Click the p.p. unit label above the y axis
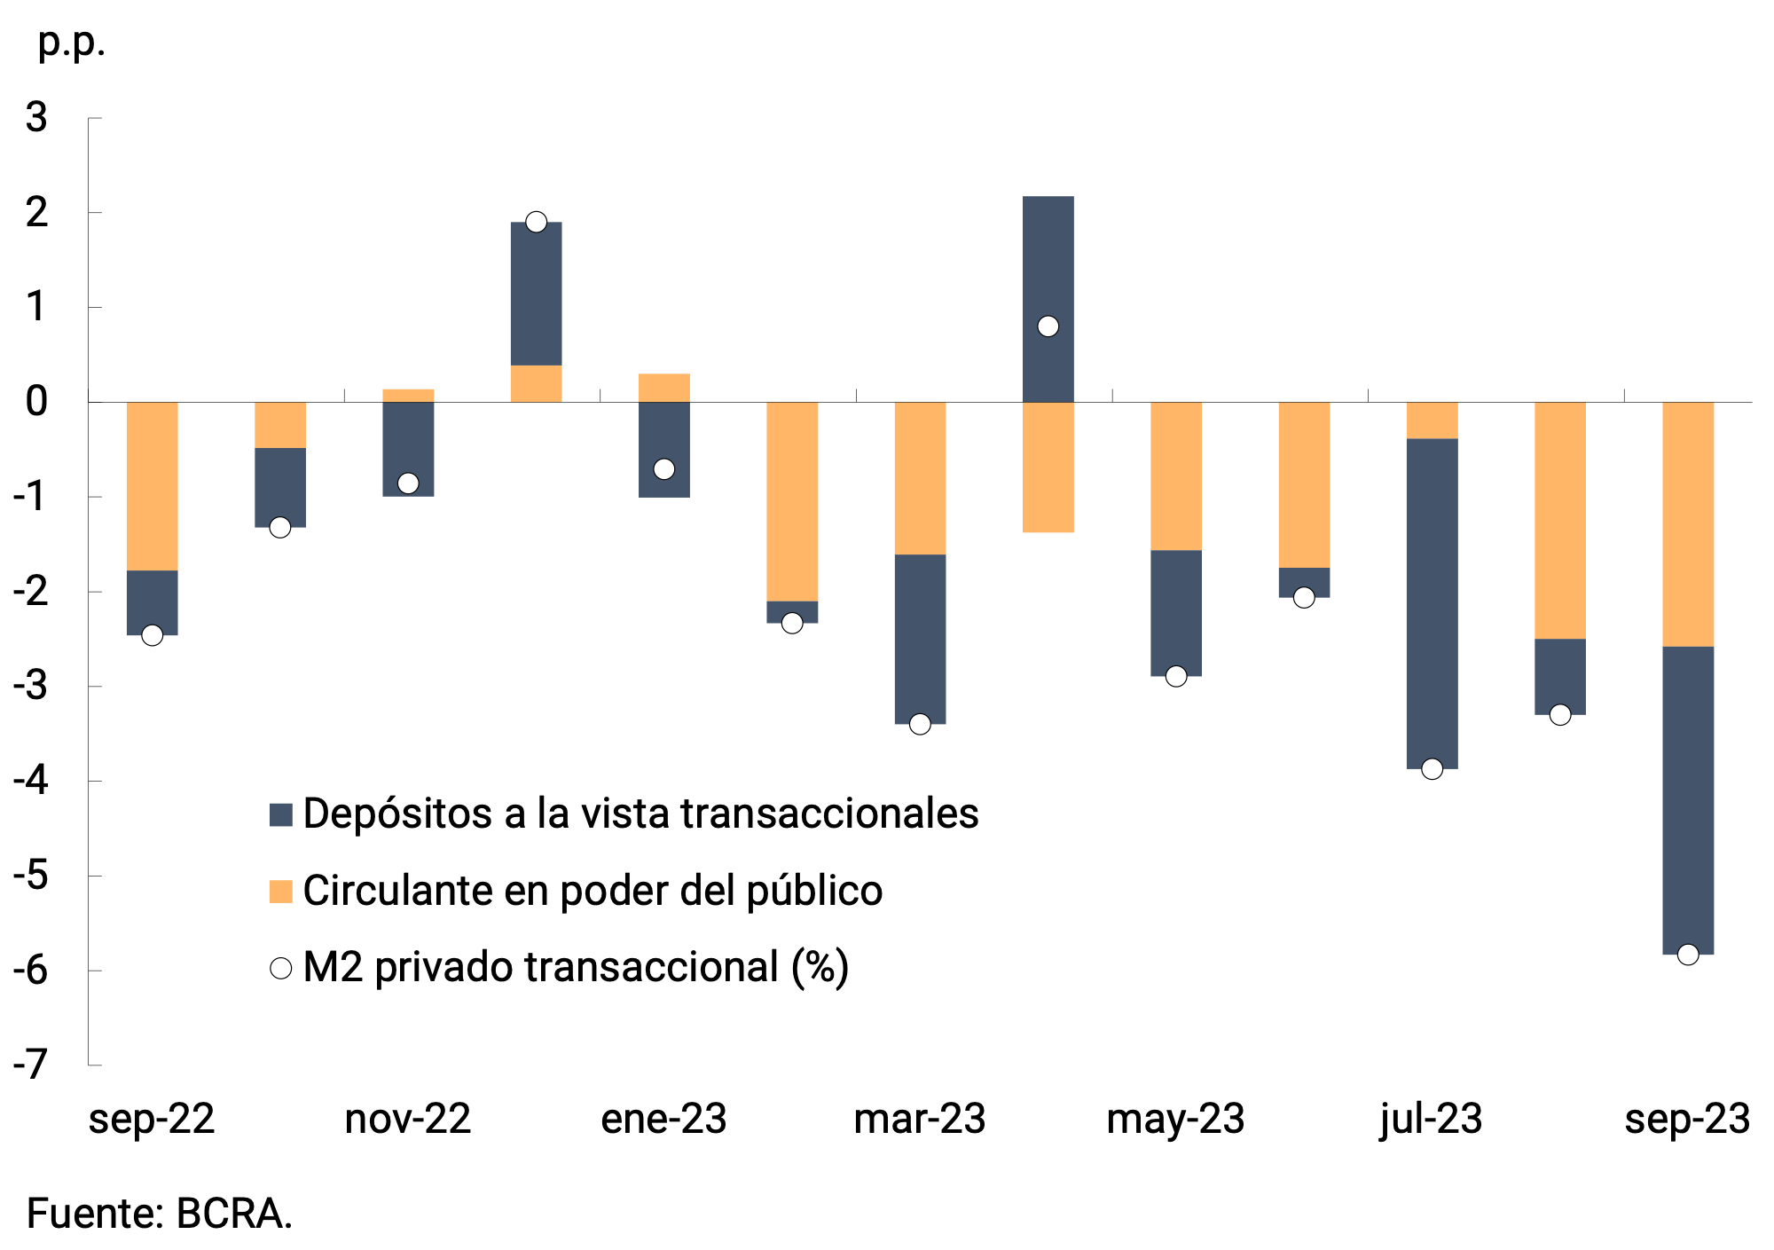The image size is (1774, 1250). coord(71,42)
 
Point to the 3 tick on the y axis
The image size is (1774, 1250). coord(36,118)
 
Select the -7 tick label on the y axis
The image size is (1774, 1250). coord(30,1065)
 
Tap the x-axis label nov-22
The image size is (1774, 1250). coord(407,1119)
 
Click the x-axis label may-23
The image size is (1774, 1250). coord(1175,1119)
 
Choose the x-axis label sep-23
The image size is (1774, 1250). coord(1687,1119)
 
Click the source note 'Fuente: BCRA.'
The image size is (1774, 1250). coord(160,1214)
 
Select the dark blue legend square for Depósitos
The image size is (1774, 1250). coord(281,814)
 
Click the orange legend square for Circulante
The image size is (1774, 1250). coord(281,891)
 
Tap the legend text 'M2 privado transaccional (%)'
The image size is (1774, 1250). coord(576,967)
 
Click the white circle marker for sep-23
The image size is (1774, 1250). coord(1688,955)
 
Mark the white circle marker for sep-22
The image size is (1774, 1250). coord(153,635)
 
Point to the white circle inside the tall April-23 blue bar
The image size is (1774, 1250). coord(1048,326)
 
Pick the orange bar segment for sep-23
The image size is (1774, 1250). coord(1688,523)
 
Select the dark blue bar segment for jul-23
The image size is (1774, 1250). coord(1432,603)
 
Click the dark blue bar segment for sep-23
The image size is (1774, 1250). coord(1688,798)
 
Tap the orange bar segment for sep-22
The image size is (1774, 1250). coord(153,486)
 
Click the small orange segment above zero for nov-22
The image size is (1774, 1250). coord(408,396)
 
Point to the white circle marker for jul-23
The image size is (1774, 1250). coord(1432,769)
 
